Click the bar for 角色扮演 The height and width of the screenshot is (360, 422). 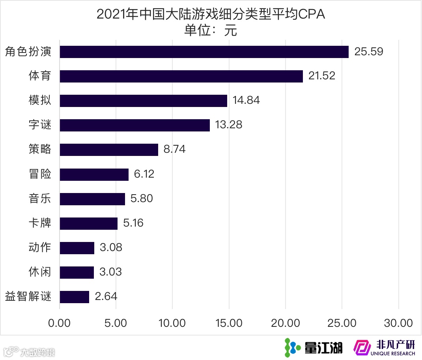click(204, 52)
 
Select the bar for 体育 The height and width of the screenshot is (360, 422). click(181, 76)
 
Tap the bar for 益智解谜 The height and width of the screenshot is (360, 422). click(74, 297)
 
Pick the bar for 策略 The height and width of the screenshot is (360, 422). click(109, 150)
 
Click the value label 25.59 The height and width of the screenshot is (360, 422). click(369, 52)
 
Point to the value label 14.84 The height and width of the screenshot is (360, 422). click(246, 101)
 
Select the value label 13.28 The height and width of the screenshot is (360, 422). click(229, 125)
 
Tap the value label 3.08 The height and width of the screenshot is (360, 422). click(111, 248)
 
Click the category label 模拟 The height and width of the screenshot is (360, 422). click(40, 101)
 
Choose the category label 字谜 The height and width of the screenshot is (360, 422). click(40, 125)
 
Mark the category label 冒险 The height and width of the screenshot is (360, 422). click(40, 174)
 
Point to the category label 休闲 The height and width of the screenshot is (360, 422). click(40, 272)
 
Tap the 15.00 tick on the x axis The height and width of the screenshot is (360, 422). click(229, 323)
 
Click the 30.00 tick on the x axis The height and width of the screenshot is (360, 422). click(398, 323)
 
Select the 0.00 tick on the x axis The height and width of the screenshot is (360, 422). click(60, 323)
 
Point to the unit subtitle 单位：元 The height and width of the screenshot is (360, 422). click(211, 30)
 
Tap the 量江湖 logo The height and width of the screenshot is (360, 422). click(314, 347)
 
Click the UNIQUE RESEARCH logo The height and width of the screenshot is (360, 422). click(385, 347)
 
